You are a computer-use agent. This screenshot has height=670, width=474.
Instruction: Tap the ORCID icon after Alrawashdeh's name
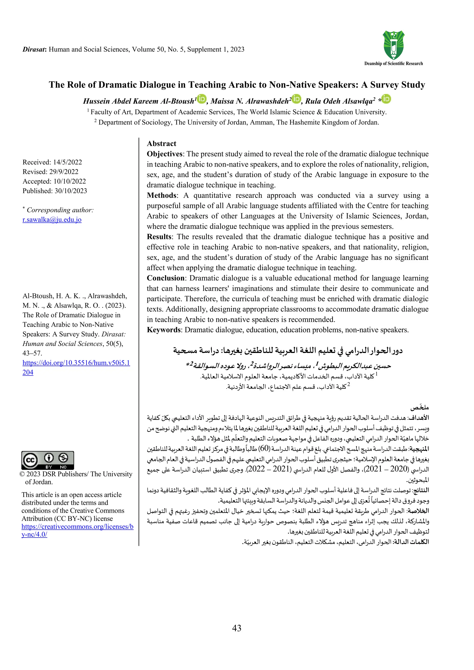296,99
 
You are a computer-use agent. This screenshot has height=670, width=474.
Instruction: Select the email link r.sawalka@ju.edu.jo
52,219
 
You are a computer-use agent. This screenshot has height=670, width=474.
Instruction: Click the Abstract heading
162,144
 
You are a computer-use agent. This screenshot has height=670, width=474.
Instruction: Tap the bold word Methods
162,195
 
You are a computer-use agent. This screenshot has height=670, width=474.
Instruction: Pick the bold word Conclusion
165,278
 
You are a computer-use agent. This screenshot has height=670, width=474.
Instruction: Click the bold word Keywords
164,330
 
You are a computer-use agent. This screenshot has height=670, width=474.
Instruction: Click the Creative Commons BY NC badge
48,460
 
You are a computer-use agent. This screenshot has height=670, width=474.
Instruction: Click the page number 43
237,628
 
